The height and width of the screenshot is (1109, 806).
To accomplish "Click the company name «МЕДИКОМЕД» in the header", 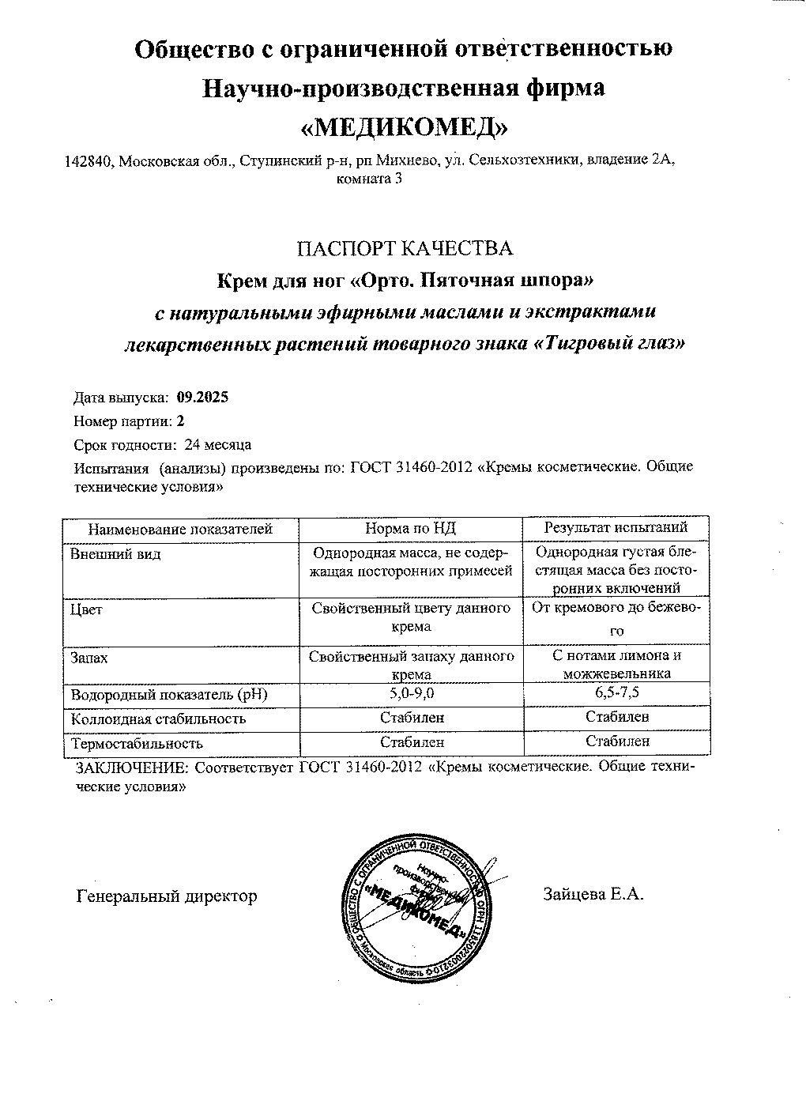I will [404, 126].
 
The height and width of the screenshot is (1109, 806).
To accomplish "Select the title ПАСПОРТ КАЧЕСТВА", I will [404, 248].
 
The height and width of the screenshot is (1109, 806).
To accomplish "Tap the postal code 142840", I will [87, 161].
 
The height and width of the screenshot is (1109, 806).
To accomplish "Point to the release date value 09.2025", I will [203, 398].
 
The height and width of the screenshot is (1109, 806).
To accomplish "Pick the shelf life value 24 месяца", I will [217, 444].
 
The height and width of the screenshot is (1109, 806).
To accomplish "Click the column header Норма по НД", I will [410, 528].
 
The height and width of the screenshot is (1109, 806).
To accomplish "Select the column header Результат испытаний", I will [616, 527].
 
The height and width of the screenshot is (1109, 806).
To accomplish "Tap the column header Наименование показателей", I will [180, 529].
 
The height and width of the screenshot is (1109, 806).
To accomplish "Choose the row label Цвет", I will [86, 610].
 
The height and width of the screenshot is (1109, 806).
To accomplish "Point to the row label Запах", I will [89, 658].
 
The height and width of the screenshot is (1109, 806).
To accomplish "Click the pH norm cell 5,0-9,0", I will [411, 695].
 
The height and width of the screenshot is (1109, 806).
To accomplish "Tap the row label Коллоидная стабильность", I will [158, 719].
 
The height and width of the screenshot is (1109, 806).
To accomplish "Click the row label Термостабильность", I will [137, 743].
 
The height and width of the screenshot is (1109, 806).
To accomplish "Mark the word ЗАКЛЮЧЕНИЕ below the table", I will [132, 768].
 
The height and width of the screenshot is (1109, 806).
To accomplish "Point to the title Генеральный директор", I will [167, 896].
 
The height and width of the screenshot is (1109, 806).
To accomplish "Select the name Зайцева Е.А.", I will [593, 895].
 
